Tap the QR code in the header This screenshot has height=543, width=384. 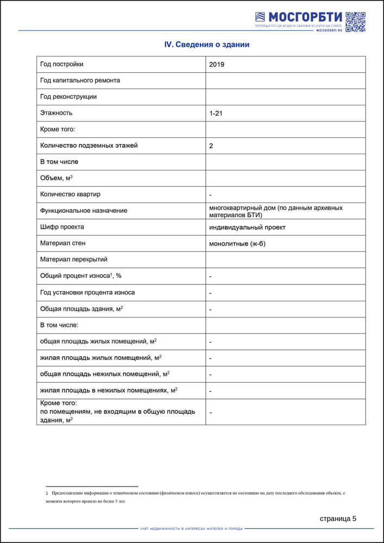click(355, 22)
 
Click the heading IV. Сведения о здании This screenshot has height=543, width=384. click(207, 45)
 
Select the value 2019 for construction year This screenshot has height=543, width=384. click(217, 65)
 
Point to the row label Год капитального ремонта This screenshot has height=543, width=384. click(80, 80)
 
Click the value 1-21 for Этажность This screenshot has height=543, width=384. click(216, 113)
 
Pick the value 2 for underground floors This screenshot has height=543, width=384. click(211, 146)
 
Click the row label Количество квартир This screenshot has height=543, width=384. click(70, 194)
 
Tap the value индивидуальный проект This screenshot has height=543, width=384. click(247, 228)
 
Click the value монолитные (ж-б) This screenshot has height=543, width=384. click(237, 244)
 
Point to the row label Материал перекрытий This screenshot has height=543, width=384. click(74, 260)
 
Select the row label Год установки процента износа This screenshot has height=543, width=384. click(87, 292)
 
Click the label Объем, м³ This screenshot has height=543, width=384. click(56, 178)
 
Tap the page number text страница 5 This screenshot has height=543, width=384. click(338, 519)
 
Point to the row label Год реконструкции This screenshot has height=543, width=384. click(68, 97)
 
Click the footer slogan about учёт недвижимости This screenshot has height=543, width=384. click(191, 528)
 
